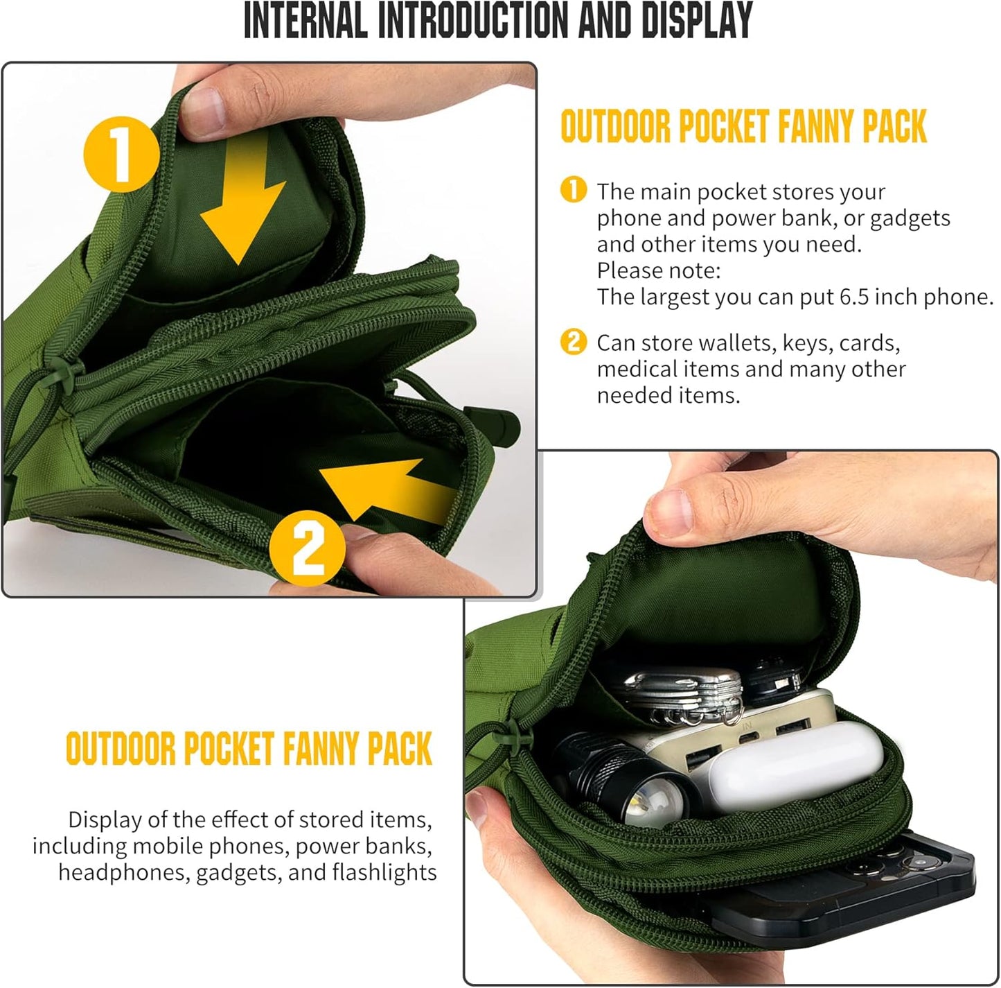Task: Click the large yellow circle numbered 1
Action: (118, 154)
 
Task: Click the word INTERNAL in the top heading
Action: (305, 21)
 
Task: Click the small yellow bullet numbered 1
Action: (574, 190)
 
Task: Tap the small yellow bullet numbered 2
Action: (574, 343)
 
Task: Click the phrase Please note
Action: (659, 270)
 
